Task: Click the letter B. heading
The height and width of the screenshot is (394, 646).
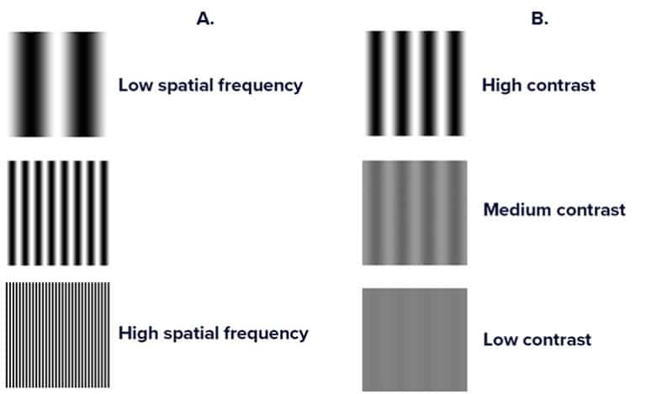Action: click(539, 18)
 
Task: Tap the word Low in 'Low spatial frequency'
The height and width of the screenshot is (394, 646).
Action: click(135, 85)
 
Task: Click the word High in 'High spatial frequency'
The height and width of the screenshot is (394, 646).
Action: click(139, 334)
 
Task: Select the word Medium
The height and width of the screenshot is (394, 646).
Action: click(516, 210)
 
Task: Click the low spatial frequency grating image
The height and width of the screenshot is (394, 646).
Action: click(57, 84)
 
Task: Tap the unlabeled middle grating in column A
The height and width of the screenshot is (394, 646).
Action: click(57, 212)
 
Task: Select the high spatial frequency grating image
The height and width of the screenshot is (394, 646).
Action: click(57, 334)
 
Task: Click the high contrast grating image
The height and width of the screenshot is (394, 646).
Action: click(416, 84)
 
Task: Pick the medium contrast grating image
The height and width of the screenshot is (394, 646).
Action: click(416, 213)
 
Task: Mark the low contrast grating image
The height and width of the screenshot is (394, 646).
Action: click(416, 339)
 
